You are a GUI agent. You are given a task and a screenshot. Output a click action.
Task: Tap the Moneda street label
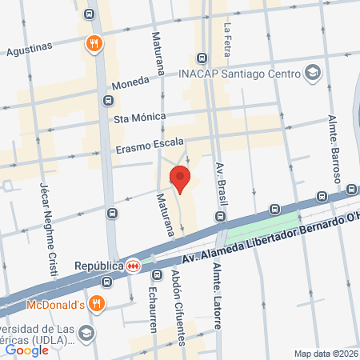(x=130, y=82)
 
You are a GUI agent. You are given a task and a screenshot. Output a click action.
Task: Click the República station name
(x=98, y=265)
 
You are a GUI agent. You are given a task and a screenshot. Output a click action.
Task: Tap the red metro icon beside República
(x=131, y=266)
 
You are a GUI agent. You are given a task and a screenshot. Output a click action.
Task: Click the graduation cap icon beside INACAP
(x=313, y=74)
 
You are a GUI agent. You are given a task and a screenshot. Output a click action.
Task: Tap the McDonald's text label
(x=56, y=303)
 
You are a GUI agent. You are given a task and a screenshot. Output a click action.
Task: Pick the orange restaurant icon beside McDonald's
(x=96, y=303)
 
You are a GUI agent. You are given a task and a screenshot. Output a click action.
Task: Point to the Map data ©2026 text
(x=324, y=353)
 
